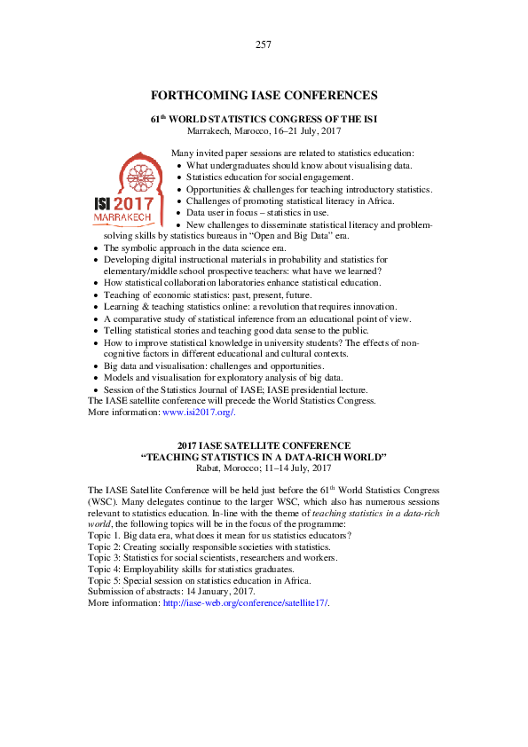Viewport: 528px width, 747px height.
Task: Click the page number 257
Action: [264, 44]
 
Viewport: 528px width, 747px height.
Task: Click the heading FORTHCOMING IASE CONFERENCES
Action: [264, 96]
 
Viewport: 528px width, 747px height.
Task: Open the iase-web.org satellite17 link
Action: [245, 602]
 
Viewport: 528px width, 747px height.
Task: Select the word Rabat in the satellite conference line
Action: [211, 468]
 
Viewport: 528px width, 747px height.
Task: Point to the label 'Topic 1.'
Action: [103, 536]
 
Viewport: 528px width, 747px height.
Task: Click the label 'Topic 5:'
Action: [103, 580]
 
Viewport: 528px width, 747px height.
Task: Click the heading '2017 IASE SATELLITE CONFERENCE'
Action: [264, 445]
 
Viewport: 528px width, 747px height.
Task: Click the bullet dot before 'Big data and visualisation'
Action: [95, 366]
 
